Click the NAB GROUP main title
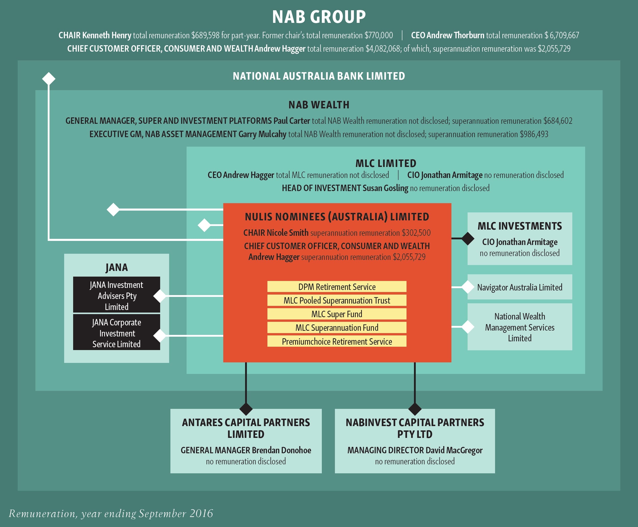click(319, 17)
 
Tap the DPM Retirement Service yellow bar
click(337, 287)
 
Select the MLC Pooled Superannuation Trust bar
click(337, 300)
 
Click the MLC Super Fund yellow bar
click(337, 314)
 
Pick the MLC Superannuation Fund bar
click(337, 327)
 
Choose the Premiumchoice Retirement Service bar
click(337, 341)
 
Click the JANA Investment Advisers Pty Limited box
click(117, 295)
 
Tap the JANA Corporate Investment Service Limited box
click(117, 333)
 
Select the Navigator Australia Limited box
click(519, 287)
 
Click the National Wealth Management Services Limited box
click(519, 327)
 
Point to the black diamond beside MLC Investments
click(468, 239)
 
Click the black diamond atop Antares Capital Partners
click(246, 409)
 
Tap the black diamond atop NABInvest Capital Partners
click(415, 409)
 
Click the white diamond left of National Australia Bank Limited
click(49, 79)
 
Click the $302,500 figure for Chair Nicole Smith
click(416, 233)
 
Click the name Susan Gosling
click(385, 188)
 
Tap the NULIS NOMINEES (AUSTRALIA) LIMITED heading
click(337, 217)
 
